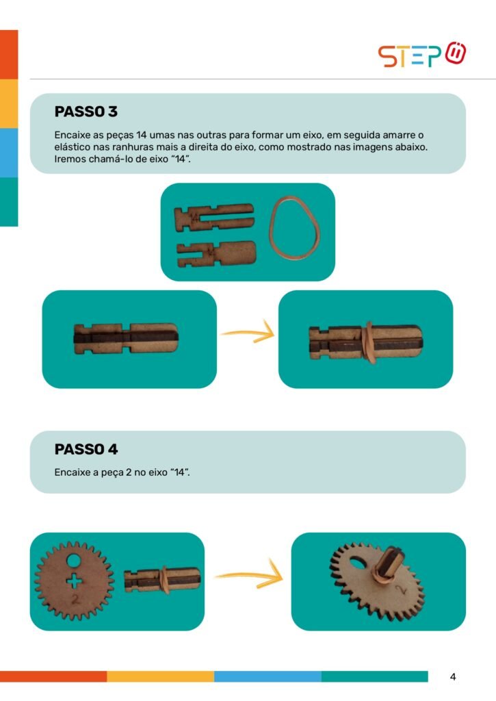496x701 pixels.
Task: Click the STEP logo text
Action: (x=410, y=56)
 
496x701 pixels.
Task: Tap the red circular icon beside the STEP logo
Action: (x=456, y=53)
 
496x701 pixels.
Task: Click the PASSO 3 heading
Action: (x=86, y=112)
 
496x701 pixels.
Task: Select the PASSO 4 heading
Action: (x=86, y=449)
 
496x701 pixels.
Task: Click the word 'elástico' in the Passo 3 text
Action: (x=70, y=146)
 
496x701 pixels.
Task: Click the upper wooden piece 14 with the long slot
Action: (x=214, y=217)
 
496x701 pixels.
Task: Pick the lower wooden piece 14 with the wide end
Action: (x=217, y=254)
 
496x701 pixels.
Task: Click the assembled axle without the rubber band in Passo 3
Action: (x=126, y=338)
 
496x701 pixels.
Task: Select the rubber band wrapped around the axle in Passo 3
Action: (x=369, y=342)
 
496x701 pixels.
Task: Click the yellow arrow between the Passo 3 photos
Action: (x=248, y=333)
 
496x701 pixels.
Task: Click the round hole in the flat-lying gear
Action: (x=74, y=561)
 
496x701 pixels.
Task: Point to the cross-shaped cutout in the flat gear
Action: (x=74, y=581)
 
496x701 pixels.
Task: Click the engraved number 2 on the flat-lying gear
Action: (x=75, y=599)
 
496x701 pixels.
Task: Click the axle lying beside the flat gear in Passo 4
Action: (x=161, y=580)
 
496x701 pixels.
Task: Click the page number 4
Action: (x=453, y=677)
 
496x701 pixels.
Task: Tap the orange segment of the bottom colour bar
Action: (x=53, y=676)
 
